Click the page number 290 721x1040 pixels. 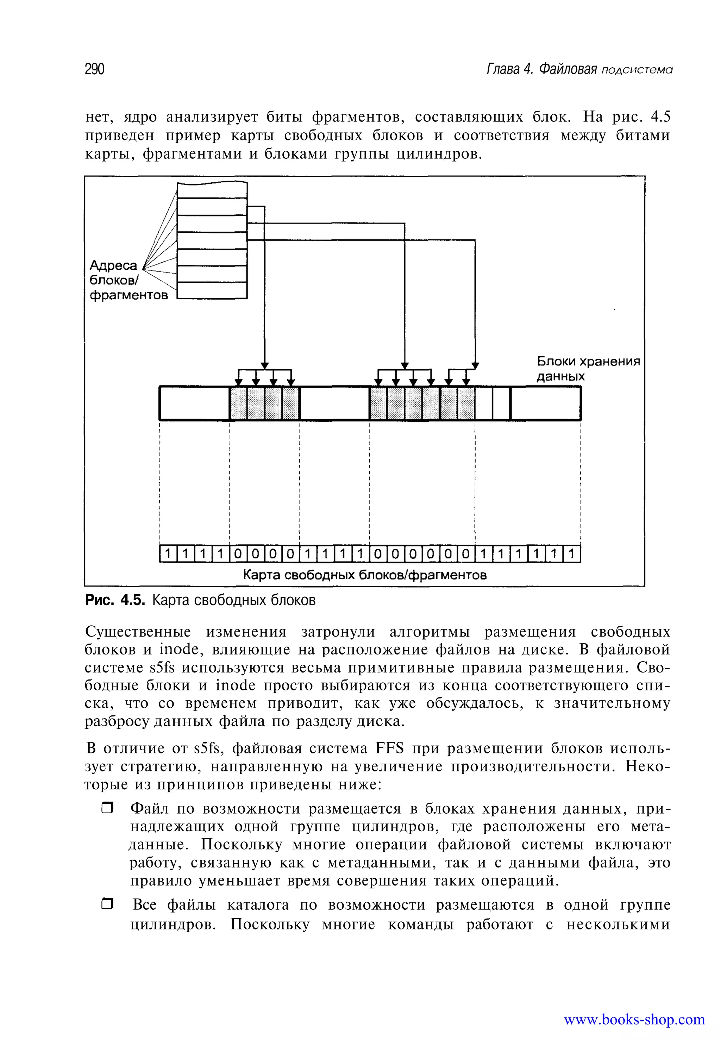pos(94,69)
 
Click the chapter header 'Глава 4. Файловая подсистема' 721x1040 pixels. pos(579,69)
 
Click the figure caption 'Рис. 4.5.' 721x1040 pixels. pos(115,600)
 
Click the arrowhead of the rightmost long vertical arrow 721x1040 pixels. pos(475,365)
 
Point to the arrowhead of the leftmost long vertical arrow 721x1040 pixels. pos(265,365)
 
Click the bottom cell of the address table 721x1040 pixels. pos(212,290)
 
